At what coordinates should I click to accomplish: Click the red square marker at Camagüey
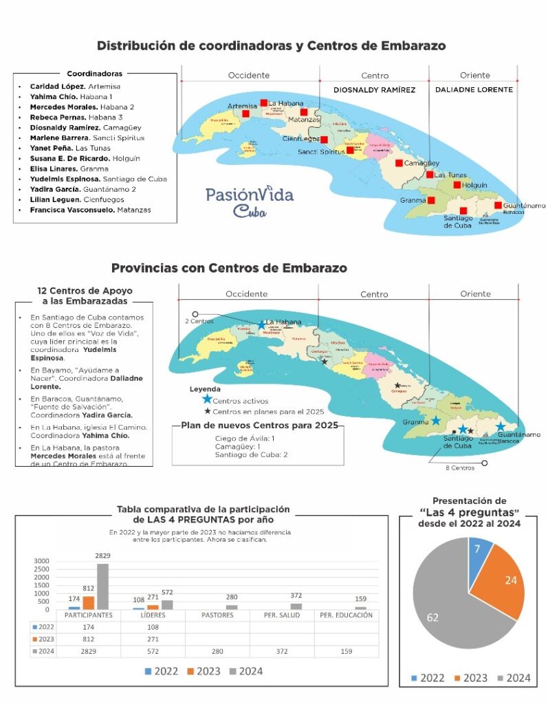pos(399,163)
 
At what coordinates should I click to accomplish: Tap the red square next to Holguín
pos(457,184)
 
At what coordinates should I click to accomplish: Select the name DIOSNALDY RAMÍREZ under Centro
pos(374,89)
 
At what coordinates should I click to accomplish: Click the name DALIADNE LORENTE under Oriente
pos(474,89)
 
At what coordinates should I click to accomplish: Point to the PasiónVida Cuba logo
pos(249,200)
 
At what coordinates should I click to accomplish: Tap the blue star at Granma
pos(435,420)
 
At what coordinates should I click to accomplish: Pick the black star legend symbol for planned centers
pos(207,410)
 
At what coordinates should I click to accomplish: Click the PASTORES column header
pos(217,615)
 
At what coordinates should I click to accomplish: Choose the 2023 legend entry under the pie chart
pos(470,678)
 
